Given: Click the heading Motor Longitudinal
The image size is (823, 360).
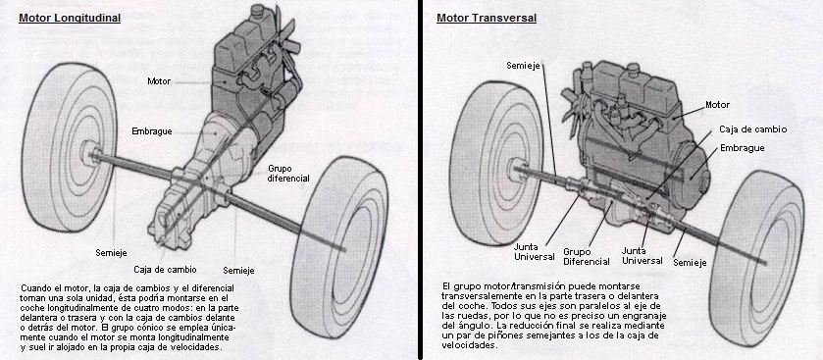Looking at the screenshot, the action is pos(70,19).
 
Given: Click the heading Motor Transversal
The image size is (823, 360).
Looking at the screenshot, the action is pos(487,19).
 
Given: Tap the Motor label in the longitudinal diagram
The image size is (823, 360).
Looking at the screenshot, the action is pos(159,81).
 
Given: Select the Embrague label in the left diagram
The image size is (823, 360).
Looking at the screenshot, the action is pos(152,131).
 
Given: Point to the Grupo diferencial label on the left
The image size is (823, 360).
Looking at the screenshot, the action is pos(288,174).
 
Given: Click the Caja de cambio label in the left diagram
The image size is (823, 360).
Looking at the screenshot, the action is pos(166,270).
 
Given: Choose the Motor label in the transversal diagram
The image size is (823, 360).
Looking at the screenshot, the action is pos(717,105).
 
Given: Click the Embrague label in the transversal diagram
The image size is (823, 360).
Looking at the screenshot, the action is pos(743,148).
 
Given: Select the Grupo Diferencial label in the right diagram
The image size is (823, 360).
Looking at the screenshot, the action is pos(587,257).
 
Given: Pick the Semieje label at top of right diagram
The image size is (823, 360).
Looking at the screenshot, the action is pos(523,65).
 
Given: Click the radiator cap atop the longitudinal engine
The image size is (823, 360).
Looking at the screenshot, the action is pos(257,10).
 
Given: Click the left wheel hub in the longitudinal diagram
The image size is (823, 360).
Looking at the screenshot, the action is pos(89,154).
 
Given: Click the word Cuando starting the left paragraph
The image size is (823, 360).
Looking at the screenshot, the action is pos(37,288).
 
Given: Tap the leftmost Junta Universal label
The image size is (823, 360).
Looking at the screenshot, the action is pos(535,252).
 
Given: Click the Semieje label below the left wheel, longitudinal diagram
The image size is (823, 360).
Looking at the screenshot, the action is pos(111,253).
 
